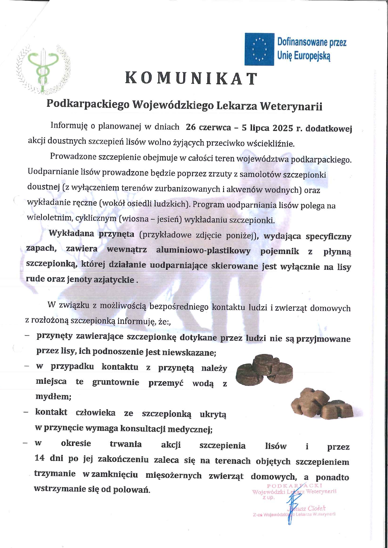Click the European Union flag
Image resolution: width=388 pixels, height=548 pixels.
[x=259, y=49]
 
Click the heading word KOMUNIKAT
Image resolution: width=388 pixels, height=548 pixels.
[x=191, y=78]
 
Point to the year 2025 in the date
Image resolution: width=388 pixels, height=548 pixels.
[x=283, y=128]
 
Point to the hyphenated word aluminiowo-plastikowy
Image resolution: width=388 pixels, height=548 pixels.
[x=203, y=251]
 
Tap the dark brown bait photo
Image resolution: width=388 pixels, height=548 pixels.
[x=265, y=370]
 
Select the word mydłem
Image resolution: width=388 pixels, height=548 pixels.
[x=53, y=397]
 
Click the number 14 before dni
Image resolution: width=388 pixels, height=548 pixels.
[x=40, y=458]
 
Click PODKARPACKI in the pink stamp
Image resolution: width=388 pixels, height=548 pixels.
[x=294, y=486]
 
